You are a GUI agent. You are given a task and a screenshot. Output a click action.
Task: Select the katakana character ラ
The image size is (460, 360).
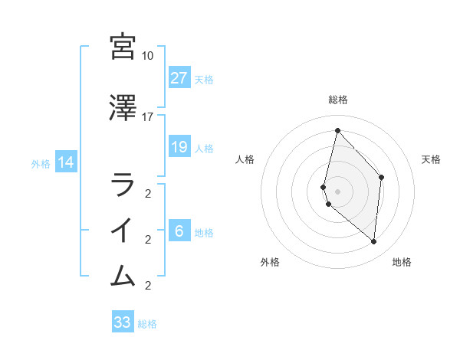(123, 185)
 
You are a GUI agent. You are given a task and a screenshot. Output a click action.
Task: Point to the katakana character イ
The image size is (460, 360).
(123, 231)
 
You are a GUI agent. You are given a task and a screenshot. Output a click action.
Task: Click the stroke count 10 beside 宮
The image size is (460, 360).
(147, 56)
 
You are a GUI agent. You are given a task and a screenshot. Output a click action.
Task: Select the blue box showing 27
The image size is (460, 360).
(179, 78)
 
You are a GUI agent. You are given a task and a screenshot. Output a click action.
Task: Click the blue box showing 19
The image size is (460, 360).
(179, 147)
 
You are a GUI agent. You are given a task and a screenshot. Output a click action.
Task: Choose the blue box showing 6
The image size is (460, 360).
(179, 232)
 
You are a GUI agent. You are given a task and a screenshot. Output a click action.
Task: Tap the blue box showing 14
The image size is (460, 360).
(65, 162)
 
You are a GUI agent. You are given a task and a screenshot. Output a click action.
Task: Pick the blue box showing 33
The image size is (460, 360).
(123, 322)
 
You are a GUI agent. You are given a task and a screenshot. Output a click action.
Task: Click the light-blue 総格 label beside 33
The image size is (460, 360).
(147, 324)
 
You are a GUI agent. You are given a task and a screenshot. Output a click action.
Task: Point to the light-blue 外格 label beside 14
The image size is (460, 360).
(41, 163)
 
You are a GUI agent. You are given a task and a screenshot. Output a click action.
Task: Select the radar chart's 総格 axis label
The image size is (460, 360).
(337, 100)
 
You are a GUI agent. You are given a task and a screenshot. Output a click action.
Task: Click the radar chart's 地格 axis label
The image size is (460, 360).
(402, 262)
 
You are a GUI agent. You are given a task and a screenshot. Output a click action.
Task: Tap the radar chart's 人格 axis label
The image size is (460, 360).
(245, 159)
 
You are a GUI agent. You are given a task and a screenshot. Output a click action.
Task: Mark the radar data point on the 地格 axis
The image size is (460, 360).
(374, 242)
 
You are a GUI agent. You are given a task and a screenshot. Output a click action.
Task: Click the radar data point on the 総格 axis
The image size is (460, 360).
(337, 130)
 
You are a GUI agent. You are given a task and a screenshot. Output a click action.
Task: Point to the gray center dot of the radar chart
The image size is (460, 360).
(337, 191)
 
